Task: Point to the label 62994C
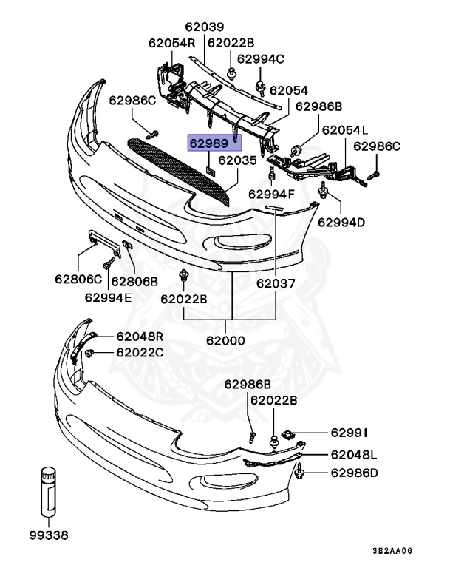pos(260,59)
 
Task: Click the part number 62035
pos(238,160)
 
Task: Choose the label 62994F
pos(270,195)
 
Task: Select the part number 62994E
pos(108,297)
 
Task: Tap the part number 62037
pos(276,283)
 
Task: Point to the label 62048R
pos(140,336)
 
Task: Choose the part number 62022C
pos(140,352)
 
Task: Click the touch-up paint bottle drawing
pos(49,493)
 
